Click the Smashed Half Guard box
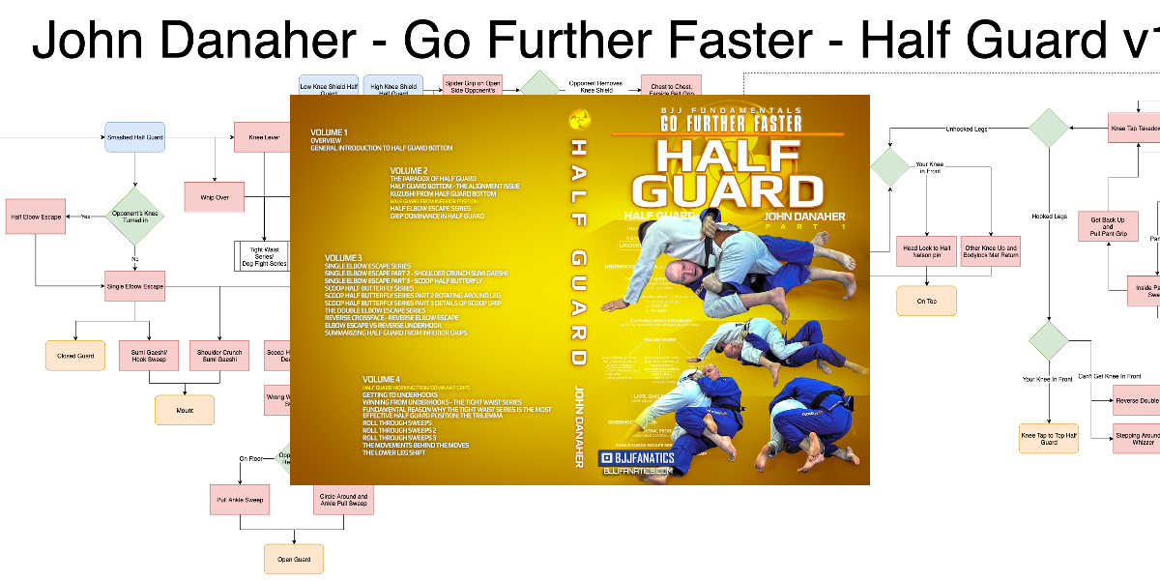coord(134,138)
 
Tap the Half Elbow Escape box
coord(38,217)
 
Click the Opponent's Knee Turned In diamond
coord(134,216)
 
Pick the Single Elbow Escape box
coord(134,286)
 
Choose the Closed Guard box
coord(75,356)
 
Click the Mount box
coord(184,410)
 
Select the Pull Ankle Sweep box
coord(238,500)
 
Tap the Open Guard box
coord(294,559)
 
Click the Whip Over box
coord(215,197)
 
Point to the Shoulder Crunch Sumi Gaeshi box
coord(218,356)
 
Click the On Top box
coord(927,302)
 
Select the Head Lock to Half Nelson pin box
coord(927,251)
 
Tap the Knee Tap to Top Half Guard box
coord(1049,437)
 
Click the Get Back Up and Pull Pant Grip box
coord(1108,227)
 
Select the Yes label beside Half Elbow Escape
coord(86,217)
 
